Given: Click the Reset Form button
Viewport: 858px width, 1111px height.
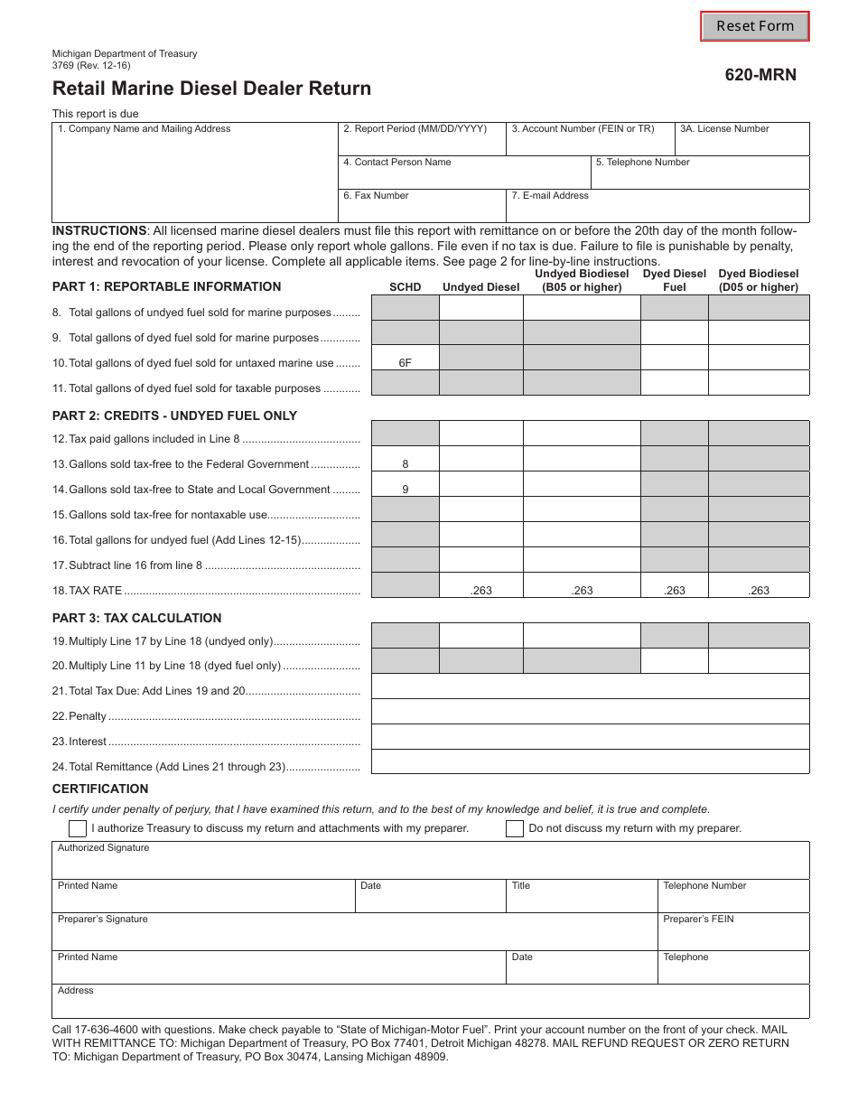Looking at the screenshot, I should coord(755,26).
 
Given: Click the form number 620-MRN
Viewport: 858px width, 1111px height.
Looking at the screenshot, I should coord(760,76).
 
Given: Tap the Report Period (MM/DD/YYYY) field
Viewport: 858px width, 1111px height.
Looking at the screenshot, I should coord(422,143).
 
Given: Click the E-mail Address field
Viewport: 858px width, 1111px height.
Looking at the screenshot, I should coord(657,210).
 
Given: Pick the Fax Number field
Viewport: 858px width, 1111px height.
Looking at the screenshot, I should coord(422,210).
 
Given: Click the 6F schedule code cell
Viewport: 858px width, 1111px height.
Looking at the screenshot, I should coord(405,363).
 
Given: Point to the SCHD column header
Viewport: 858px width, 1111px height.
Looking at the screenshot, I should coord(405,287).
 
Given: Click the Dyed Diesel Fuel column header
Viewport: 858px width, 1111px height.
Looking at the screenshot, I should coord(674,280).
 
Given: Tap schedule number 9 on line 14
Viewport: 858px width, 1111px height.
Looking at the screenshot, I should coord(405,490).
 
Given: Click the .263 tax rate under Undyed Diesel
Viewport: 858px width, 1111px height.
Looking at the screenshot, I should coord(481,591).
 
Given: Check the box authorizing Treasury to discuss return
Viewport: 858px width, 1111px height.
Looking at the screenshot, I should coord(78,828).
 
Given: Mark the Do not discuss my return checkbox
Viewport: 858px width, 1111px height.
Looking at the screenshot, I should coord(515,828).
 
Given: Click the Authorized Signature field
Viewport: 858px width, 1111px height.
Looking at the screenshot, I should coord(430,864).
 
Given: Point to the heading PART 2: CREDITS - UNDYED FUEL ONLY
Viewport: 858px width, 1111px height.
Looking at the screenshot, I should coord(174,415).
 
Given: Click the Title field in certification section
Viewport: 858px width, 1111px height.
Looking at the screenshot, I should coord(581,899).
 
